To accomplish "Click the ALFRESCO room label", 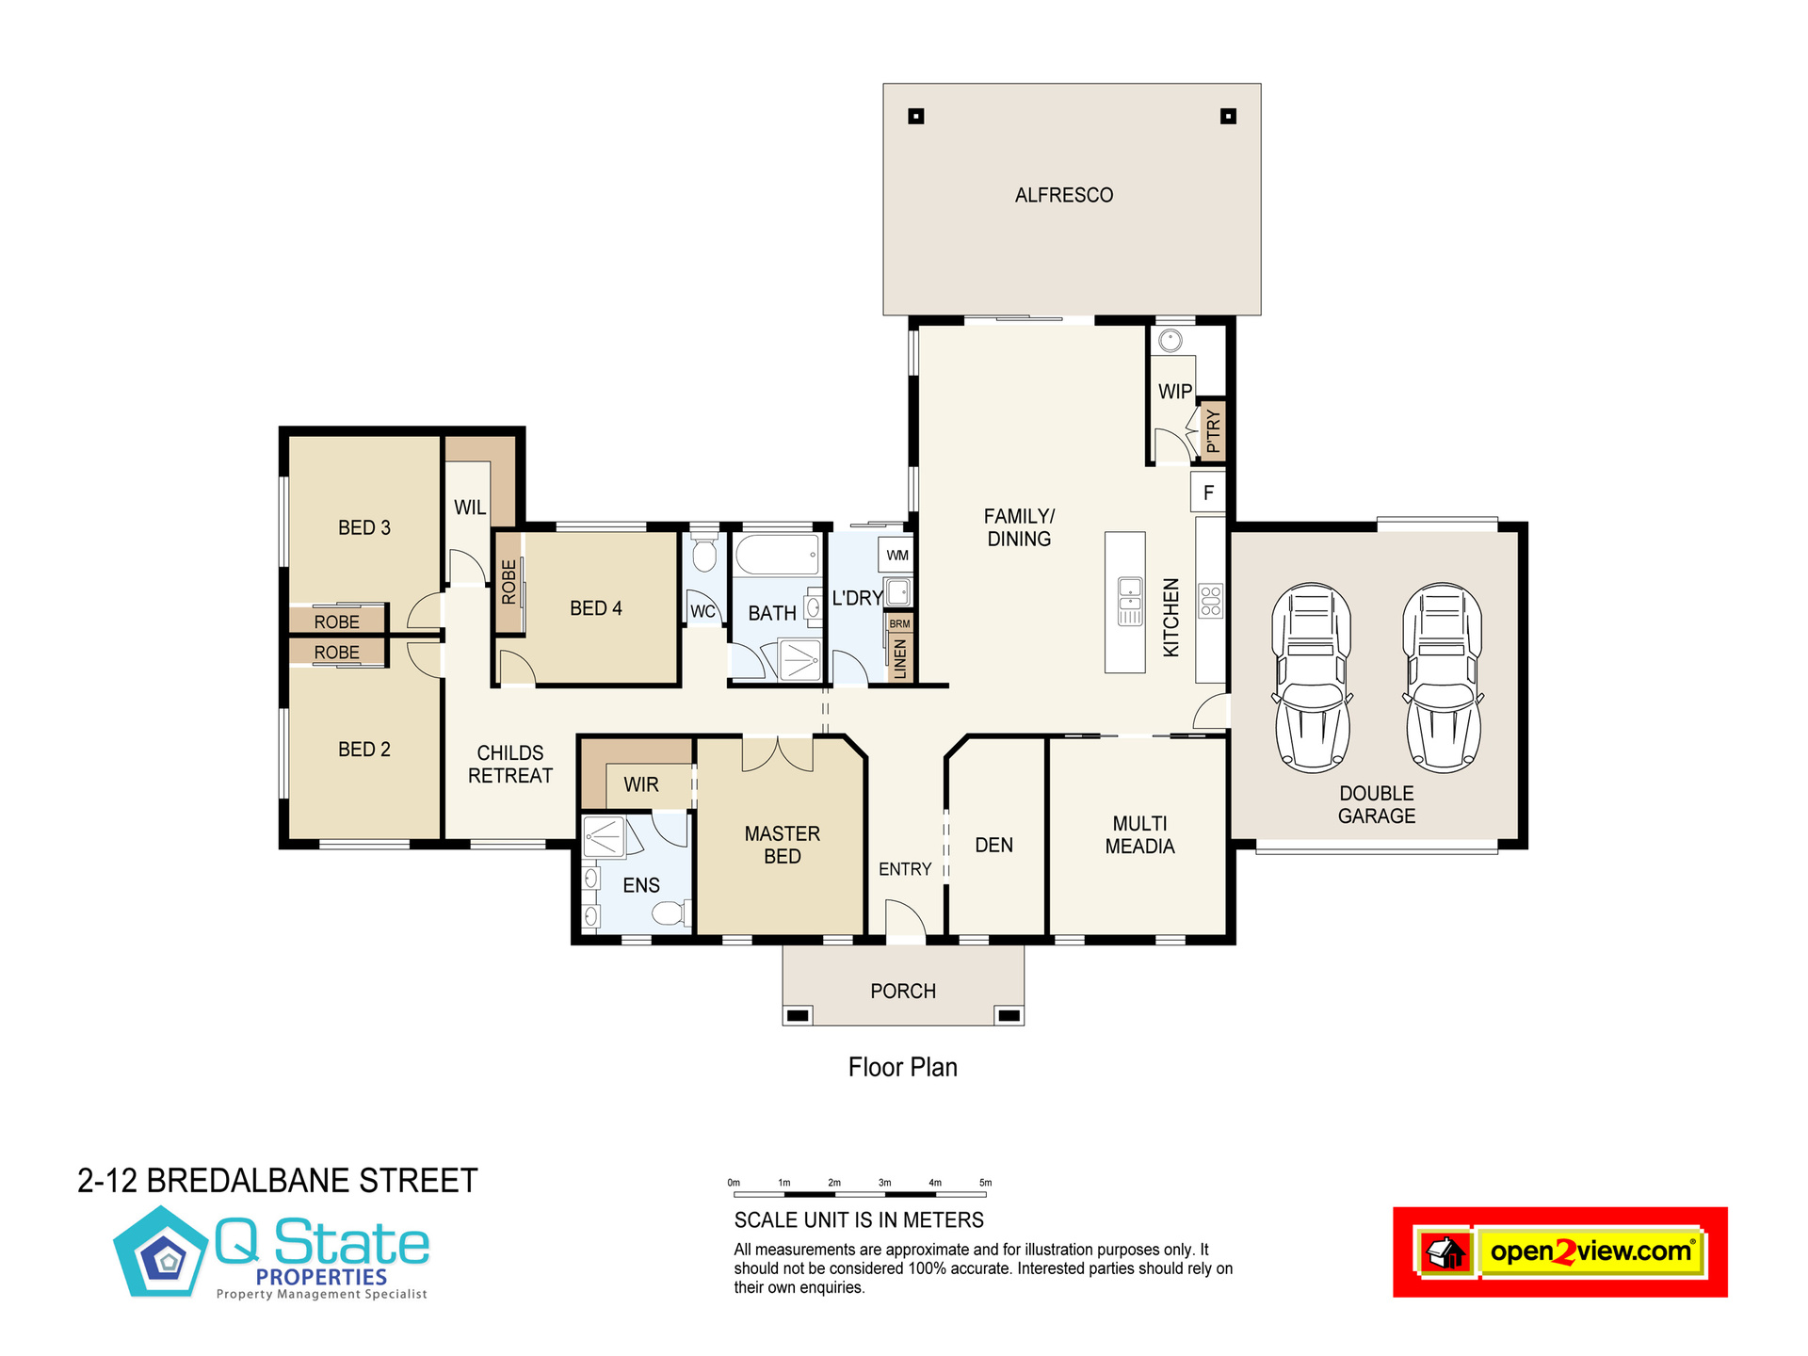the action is click(x=1064, y=195).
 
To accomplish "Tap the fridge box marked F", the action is click(x=1208, y=492).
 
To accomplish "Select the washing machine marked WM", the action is click(x=897, y=555).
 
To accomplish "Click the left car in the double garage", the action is click(x=1312, y=677).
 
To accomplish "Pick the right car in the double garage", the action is click(x=1443, y=677).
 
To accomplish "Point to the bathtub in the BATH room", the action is click(x=777, y=556).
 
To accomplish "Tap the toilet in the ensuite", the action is click(x=670, y=912).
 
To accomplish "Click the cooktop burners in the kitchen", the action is click(x=1210, y=601).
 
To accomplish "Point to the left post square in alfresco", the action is click(x=916, y=117).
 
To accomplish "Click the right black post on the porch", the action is click(x=1009, y=1016).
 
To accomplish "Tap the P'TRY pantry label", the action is click(x=1213, y=432).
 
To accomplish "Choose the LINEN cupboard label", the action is click(x=899, y=658).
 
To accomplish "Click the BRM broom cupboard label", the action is click(x=899, y=624).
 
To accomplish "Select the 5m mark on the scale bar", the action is click(x=985, y=1184).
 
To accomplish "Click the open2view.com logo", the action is click(x=1560, y=1252).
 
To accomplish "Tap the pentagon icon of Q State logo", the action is click(x=162, y=1252).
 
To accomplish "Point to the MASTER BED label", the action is click(x=783, y=845).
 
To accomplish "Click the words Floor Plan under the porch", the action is click(x=903, y=1067).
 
